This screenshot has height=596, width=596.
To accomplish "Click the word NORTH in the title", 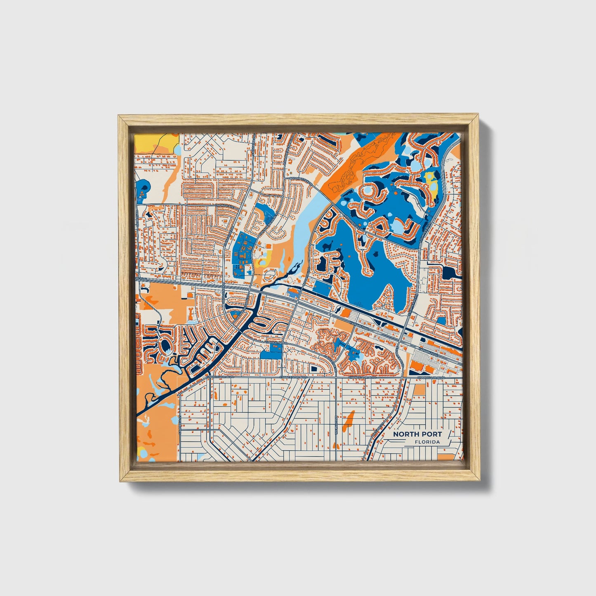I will coord(405,434).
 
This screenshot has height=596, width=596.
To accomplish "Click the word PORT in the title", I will coord(431,434).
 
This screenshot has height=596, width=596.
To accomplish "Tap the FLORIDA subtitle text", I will coord(427,442).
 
